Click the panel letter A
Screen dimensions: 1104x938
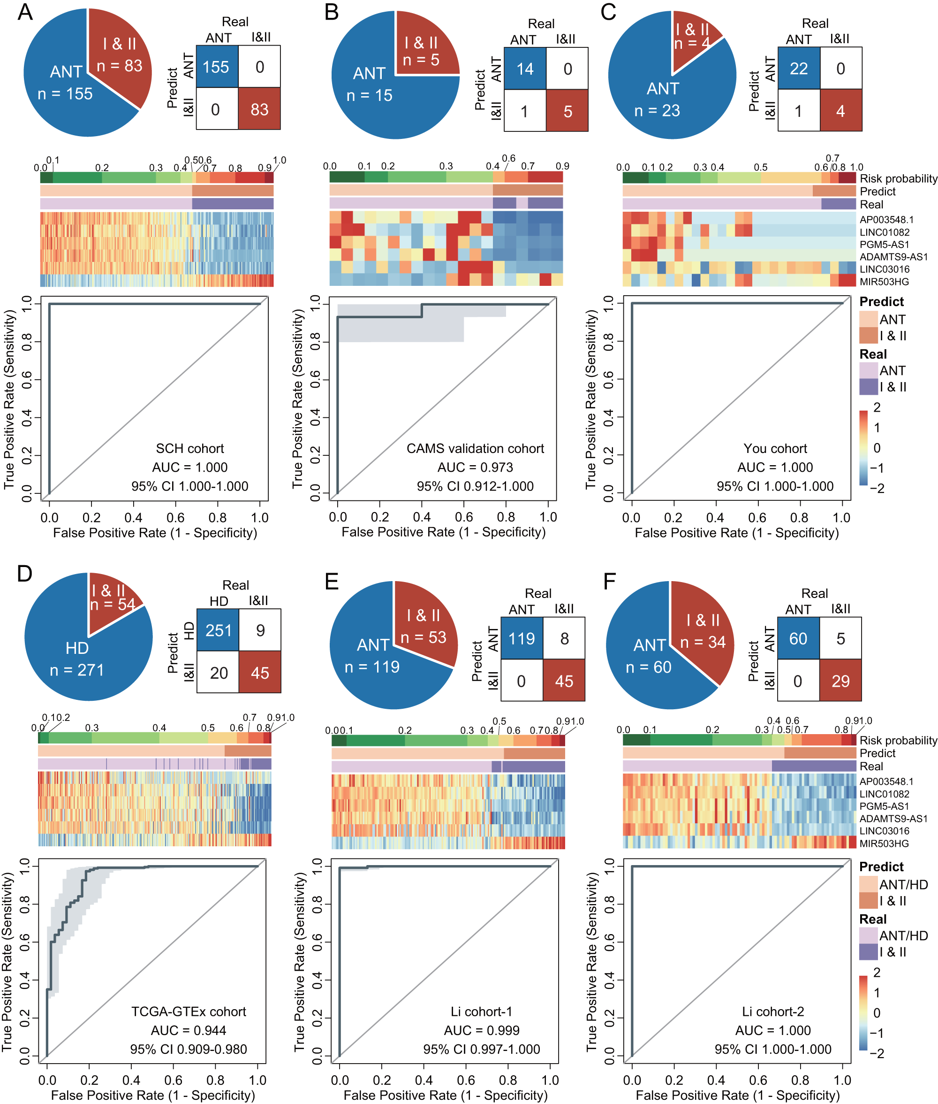coord(25,12)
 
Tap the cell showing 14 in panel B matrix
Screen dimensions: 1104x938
coord(525,69)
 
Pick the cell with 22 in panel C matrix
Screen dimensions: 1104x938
coord(799,68)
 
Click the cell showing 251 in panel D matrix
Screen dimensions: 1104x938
coord(219,630)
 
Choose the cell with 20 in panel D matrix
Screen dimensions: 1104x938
coord(219,673)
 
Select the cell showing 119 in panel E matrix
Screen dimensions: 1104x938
coord(521,638)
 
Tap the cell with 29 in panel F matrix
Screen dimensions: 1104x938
coord(840,681)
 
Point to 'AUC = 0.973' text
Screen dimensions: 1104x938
coord(475,467)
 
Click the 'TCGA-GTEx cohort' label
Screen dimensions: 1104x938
coord(188,1011)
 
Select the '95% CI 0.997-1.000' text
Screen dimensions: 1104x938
coord(481,1049)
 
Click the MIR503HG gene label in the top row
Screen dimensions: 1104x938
coord(884,282)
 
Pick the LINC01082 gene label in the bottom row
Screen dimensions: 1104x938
coord(884,794)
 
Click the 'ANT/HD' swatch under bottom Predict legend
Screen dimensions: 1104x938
coord(868,884)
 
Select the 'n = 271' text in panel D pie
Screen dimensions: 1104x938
coord(76,670)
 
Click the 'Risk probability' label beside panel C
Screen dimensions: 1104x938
coord(898,178)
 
